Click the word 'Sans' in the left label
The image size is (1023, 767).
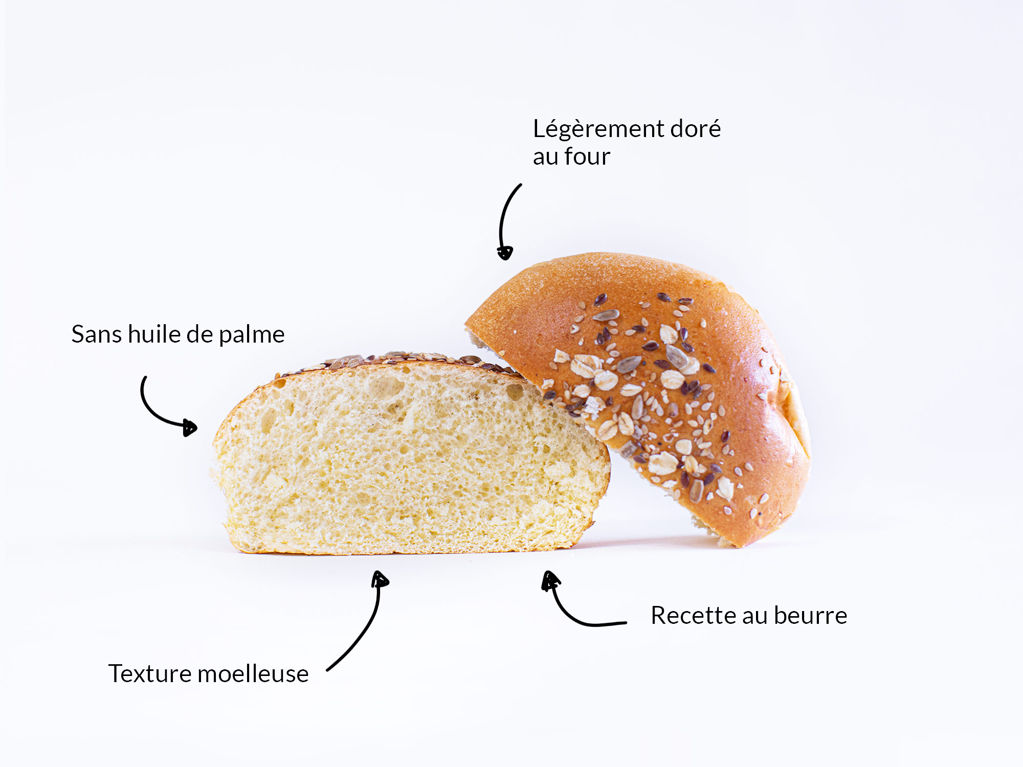(96, 334)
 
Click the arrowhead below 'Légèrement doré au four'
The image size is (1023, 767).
(505, 253)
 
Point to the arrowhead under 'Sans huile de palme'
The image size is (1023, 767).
(190, 427)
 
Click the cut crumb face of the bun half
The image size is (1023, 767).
(409, 460)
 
